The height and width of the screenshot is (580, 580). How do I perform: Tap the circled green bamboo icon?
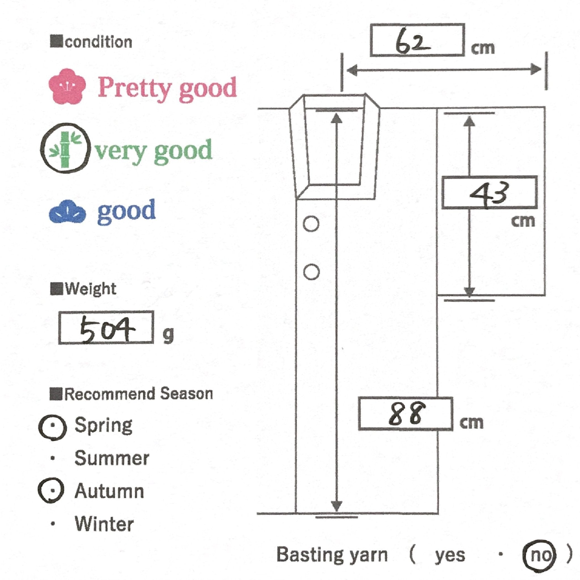pyautogui.click(x=65, y=148)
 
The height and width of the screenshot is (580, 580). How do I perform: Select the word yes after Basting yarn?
pyautogui.click(x=450, y=555)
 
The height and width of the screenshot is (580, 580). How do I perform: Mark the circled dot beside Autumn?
pyautogui.click(x=52, y=491)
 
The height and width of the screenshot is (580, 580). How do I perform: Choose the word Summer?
pyautogui.click(x=112, y=459)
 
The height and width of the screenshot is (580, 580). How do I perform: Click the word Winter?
pyautogui.click(x=104, y=524)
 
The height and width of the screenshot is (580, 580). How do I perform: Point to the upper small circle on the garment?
pyautogui.click(x=311, y=224)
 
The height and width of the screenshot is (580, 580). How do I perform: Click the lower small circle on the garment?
pyautogui.click(x=311, y=272)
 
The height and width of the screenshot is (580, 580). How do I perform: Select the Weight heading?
pyautogui.click(x=90, y=289)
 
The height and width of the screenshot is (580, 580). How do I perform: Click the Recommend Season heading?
pyautogui.click(x=139, y=394)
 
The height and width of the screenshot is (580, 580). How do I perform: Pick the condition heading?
pyautogui.click(x=98, y=42)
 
